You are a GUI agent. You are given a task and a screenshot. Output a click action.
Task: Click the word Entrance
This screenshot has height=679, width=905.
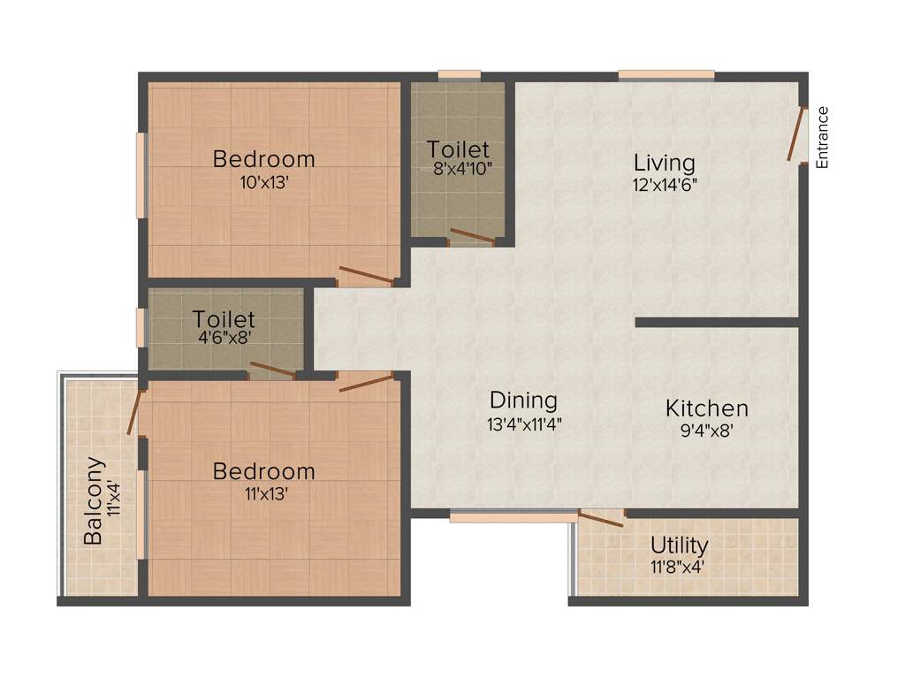click(823, 137)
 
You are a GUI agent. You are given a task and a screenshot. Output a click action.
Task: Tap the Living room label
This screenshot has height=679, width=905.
click(665, 164)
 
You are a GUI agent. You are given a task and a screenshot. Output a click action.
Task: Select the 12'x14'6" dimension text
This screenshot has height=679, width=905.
click(665, 185)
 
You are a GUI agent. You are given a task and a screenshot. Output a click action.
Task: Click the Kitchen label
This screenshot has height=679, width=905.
click(707, 408)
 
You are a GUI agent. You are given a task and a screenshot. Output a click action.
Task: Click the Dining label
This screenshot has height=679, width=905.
click(524, 401)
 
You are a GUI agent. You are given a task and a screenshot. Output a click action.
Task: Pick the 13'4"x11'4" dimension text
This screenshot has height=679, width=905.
click(524, 423)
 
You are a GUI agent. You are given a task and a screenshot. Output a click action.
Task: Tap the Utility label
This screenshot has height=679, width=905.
click(679, 544)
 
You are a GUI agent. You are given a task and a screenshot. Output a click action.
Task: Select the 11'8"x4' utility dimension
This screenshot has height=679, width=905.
click(679, 565)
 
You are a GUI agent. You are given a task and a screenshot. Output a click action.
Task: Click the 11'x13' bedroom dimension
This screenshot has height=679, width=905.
click(264, 493)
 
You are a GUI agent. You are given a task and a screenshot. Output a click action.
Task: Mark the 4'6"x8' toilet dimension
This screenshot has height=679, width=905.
click(224, 339)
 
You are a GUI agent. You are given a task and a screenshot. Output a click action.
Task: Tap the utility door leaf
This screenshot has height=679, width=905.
click(601, 519)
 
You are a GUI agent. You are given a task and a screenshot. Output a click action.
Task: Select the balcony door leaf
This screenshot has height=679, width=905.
click(133, 412)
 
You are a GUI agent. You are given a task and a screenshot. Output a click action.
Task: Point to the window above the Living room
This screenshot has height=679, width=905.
click(666, 75)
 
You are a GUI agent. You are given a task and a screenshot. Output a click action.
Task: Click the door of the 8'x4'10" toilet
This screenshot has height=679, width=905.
click(471, 236)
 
